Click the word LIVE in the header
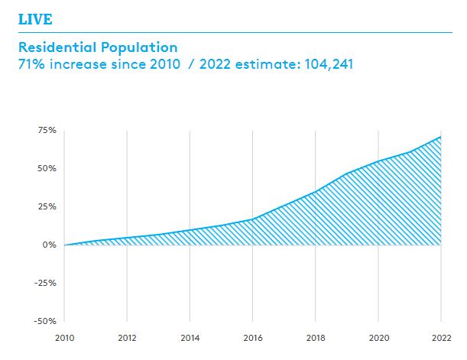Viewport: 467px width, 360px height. (x=35, y=18)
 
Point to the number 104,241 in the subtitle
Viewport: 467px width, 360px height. (x=326, y=65)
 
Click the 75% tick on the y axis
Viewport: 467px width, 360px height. (x=47, y=131)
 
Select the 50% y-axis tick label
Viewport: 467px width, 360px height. (x=47, y=168)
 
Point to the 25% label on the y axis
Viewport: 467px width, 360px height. (x=47, y=206)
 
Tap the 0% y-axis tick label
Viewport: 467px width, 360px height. (x=50, y=245)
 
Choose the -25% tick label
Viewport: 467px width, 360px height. (x=46, y=283)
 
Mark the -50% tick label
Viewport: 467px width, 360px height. (x=46, y=321)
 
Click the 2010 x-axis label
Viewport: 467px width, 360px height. (x=64, y=337)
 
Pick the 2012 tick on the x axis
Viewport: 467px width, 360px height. (x=127, y=337)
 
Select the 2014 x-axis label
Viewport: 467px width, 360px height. (x=190, y=337)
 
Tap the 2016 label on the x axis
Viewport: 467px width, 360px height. (x=253, y=337)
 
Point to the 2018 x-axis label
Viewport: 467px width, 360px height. (x=316, y=337)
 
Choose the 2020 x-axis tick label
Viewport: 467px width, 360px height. (x=378, y=337)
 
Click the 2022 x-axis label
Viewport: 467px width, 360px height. (x=441, y=337)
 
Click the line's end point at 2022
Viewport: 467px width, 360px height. (x=441, y=137)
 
